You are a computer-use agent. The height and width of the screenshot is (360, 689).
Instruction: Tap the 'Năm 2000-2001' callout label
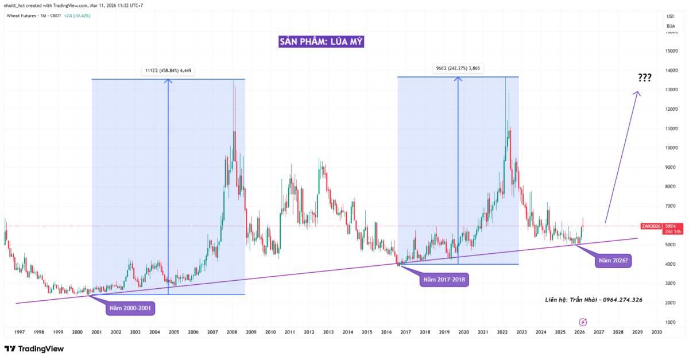131,308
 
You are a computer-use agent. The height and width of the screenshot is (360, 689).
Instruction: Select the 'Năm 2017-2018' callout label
446,280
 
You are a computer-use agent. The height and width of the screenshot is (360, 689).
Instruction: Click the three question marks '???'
644,78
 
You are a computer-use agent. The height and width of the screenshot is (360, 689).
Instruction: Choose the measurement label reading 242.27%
458,69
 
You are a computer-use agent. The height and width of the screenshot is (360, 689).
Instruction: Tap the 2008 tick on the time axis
232,332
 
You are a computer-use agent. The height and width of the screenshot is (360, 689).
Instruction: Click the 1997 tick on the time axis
20,332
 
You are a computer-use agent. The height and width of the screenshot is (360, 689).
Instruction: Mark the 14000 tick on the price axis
671,70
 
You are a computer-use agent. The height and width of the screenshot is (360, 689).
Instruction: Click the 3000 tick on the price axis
671,284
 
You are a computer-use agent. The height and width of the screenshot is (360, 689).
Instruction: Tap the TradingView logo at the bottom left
34,349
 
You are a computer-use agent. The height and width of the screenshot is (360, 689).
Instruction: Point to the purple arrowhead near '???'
637,93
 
